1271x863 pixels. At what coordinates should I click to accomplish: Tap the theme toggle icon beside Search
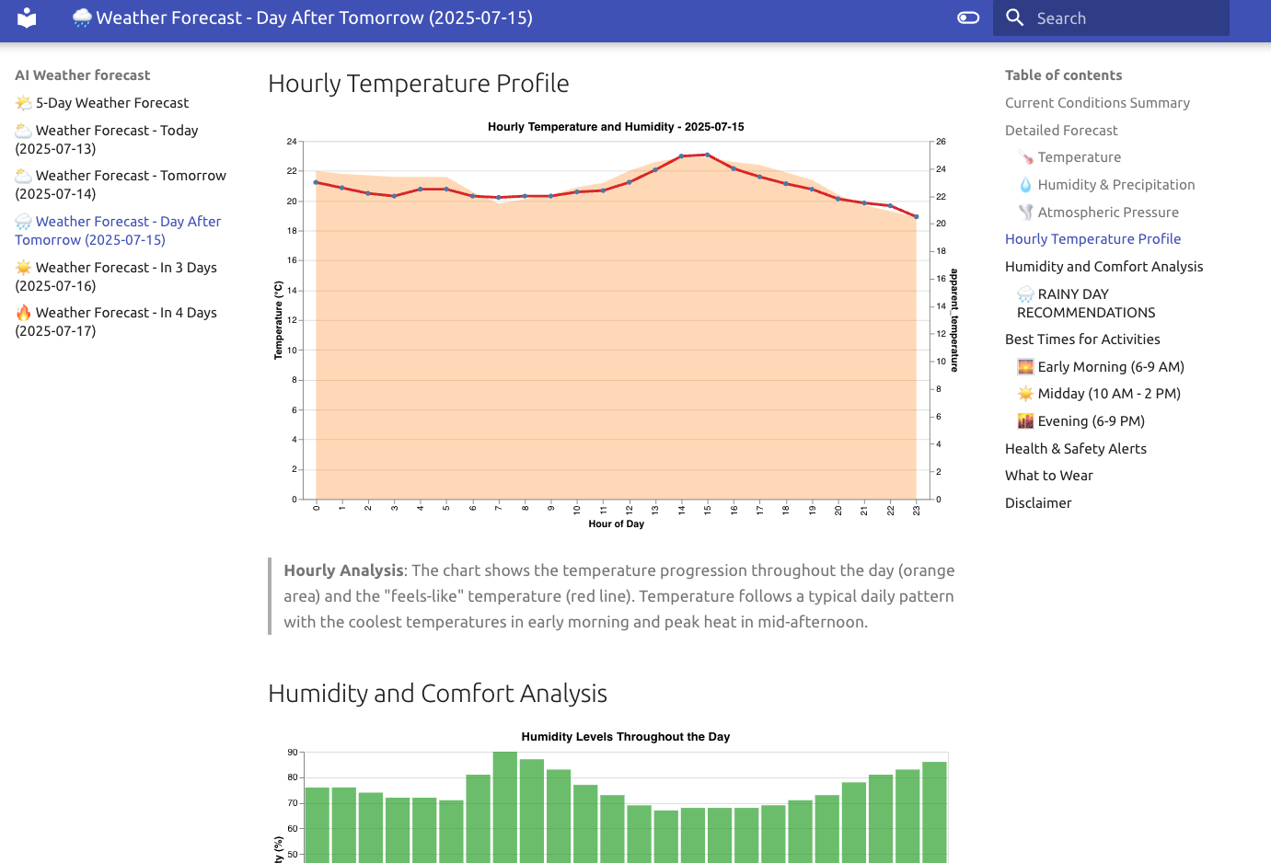pos(968,17)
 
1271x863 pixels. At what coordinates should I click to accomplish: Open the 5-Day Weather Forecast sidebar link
pos(111,103)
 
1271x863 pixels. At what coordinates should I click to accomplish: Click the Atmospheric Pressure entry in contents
pos(1107,213)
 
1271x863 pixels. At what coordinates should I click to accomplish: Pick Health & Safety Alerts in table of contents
pos(1075,449)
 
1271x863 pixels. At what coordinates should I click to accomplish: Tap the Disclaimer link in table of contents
pos(1038,503)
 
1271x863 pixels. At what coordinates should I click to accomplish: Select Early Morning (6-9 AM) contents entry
pos(1110,367)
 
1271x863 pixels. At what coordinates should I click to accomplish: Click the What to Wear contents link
pos(1048,476)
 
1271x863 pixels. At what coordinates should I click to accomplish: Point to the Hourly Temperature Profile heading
pos(418,84)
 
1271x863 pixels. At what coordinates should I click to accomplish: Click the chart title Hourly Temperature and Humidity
pos(616,127)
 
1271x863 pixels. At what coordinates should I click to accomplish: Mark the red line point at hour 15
pos(707,155)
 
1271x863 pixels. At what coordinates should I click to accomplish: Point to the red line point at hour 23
pos(916,217)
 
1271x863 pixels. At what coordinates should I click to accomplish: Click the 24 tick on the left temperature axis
pos(292,142)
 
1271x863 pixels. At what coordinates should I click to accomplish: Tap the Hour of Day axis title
pos(616,524)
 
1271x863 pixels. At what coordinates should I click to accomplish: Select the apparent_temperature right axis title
pos(954,320)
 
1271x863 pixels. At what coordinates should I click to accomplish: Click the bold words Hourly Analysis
pos(343,570)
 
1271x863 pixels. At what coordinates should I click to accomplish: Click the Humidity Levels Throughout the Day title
pos(625,737)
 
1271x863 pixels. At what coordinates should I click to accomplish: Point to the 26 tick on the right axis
pos(941,142)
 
